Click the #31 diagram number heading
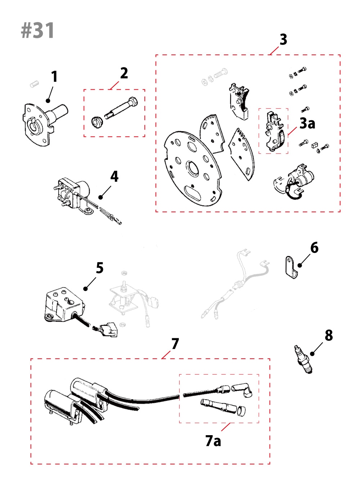38,30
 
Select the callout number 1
54,76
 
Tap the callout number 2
124,73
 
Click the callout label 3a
307,124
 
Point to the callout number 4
114,177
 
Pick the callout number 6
314,248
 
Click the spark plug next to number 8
302,359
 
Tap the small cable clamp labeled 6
291,268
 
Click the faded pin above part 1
34,84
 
